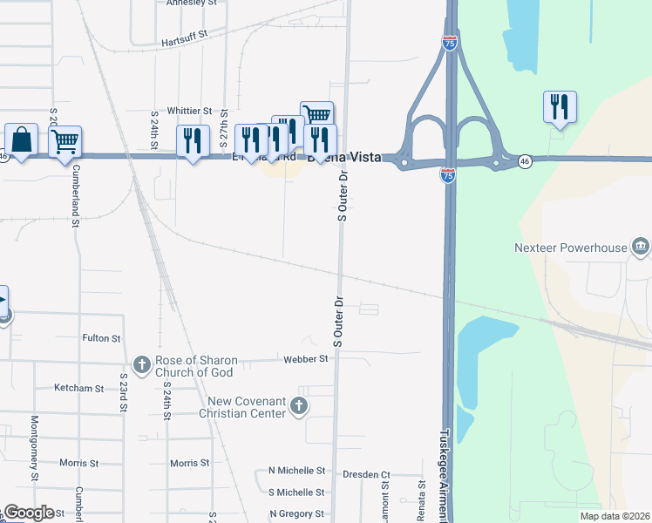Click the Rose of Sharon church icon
pos(142,363)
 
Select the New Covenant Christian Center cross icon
pos(298,404)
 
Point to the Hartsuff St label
pos(185,41)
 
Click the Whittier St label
pos(189,111)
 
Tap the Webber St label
pos(305,358)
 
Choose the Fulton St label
pos(101,337)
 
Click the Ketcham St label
pos(78,387)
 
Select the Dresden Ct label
pos(366,475)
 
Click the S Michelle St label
pos(296,492)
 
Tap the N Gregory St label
pos(296,514)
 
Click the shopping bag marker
pos(21,139)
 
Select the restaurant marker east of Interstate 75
pos(558,107)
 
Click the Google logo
pos(29,513)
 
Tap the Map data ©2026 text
pos(615,516)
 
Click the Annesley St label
pos(192,3)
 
